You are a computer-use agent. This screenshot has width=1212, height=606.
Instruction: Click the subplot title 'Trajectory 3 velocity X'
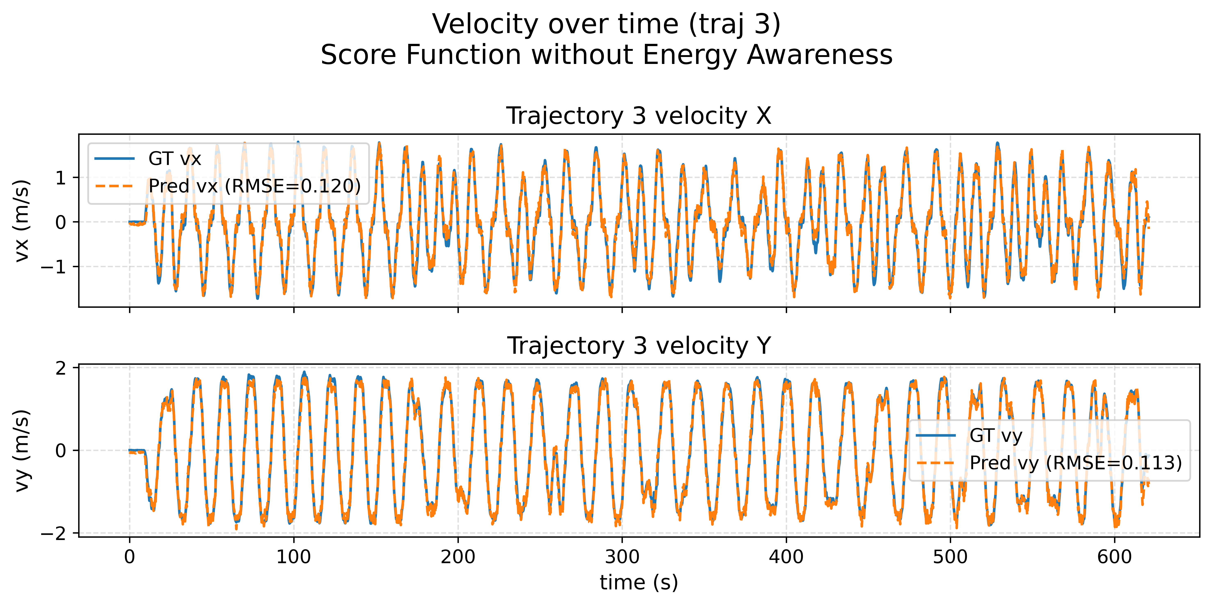tap(638, 116)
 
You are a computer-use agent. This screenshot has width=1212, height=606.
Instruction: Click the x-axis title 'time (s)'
tap(638, 582)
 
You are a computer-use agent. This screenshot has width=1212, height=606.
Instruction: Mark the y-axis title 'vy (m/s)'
tap(22, 450)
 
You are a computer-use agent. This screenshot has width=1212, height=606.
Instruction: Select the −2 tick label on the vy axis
tap(53, 534)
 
